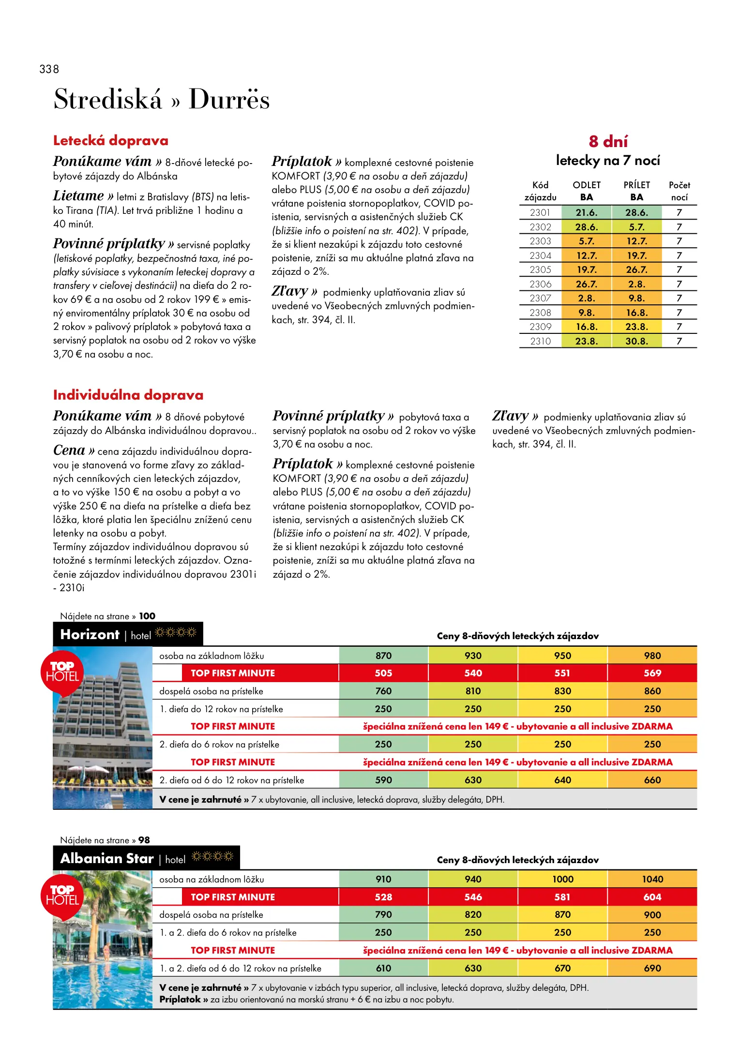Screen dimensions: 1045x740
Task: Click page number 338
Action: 49,69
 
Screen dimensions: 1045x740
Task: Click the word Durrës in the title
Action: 229,99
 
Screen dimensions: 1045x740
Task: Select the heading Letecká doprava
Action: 111,141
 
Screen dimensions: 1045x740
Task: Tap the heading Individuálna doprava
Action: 128,395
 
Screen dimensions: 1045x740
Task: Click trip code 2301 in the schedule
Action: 540,212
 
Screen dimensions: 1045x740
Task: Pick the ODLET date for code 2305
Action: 586,269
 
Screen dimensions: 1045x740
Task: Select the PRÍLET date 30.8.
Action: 636,341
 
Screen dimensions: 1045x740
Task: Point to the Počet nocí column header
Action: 679,191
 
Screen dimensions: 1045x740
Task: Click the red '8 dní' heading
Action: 608,141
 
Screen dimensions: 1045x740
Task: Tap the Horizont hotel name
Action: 90,635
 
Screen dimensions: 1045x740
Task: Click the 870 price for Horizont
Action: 383,656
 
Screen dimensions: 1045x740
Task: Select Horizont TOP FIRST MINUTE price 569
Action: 652,673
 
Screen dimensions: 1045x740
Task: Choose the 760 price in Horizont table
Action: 383,691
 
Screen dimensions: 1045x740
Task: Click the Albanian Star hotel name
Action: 107,859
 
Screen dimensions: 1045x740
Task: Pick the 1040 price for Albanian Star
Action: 652,879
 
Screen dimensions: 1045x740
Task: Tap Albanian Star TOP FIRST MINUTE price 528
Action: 383,897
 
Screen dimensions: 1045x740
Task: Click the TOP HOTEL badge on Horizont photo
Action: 62,672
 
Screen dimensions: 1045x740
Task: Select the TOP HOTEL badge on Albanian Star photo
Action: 62,896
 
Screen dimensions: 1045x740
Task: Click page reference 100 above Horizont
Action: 147,616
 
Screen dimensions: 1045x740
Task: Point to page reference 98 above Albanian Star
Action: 144,840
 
